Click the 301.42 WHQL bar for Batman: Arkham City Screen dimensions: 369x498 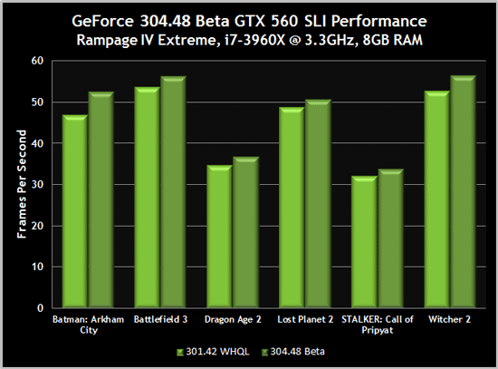click(x=75, y=213)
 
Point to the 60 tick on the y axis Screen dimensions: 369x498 click(x=37, y=61)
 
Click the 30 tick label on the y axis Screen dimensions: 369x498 click(x=37, y=184)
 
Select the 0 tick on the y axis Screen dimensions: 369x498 click(x=41, y=307)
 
